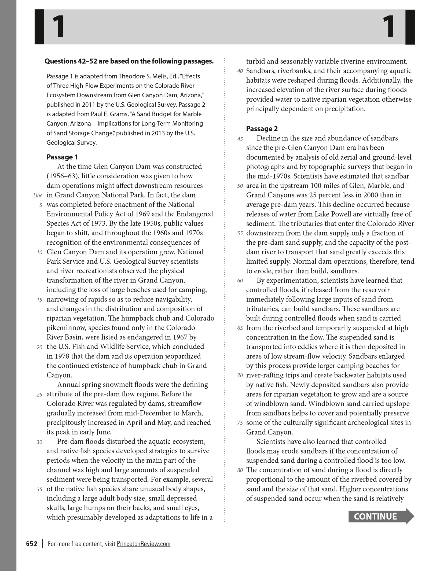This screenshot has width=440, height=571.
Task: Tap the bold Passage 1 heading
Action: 62,157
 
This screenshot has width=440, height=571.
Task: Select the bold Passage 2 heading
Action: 262,129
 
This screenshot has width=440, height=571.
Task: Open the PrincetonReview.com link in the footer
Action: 144,544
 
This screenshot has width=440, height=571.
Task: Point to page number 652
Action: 32,544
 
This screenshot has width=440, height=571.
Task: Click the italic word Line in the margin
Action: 38,196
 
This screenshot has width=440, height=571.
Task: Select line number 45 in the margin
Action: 240,139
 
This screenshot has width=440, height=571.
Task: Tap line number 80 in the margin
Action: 240,470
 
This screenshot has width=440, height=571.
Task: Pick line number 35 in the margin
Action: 39,489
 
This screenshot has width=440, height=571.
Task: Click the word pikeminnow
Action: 66,328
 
